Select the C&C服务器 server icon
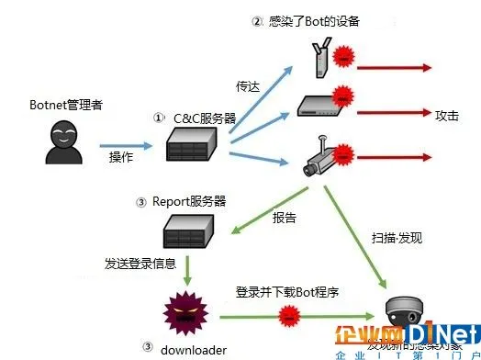tap(194, 146)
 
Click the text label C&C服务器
tap(197, 118)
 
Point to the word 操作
tap(122, 157)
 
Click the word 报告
tap(285, 219)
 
